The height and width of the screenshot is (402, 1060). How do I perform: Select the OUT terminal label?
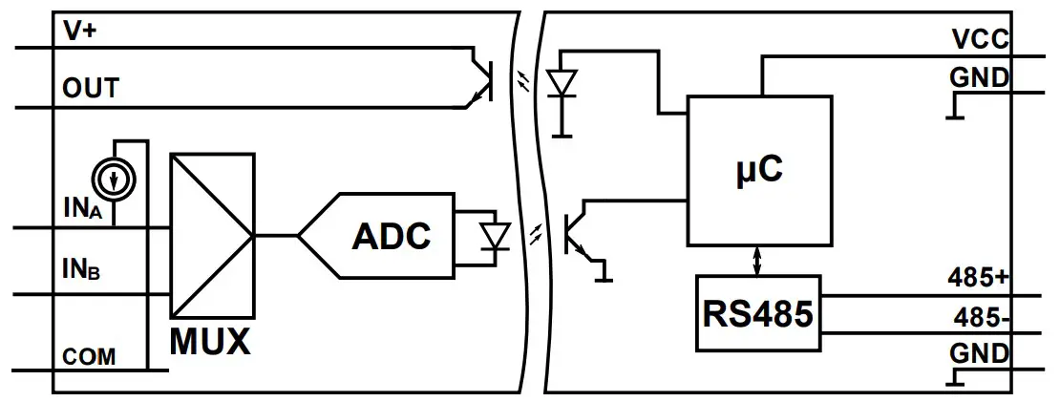pos(91,89)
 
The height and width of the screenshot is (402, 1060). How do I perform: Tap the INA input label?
pos(83,208)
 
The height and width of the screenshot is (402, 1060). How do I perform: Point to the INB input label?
pos(83,270)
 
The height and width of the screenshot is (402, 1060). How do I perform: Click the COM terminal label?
pos(89,357)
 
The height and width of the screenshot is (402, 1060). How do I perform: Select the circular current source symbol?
pos(114,178)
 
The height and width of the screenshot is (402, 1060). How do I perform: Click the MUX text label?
pos(210,341)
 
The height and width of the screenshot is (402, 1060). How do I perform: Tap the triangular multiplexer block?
pos(212,235)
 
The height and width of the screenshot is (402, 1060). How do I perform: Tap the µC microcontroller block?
pos(760,170)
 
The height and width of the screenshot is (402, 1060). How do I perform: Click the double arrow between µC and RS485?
pos(758,260)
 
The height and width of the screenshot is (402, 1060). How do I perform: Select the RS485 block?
pos(758,313)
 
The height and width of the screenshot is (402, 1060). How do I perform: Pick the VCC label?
pos(980,39)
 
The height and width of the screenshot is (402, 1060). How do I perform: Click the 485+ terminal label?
pos(978,279)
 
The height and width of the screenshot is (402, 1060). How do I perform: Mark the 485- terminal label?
pos(980,317)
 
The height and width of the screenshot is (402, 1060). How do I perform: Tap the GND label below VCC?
pos(979,77)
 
